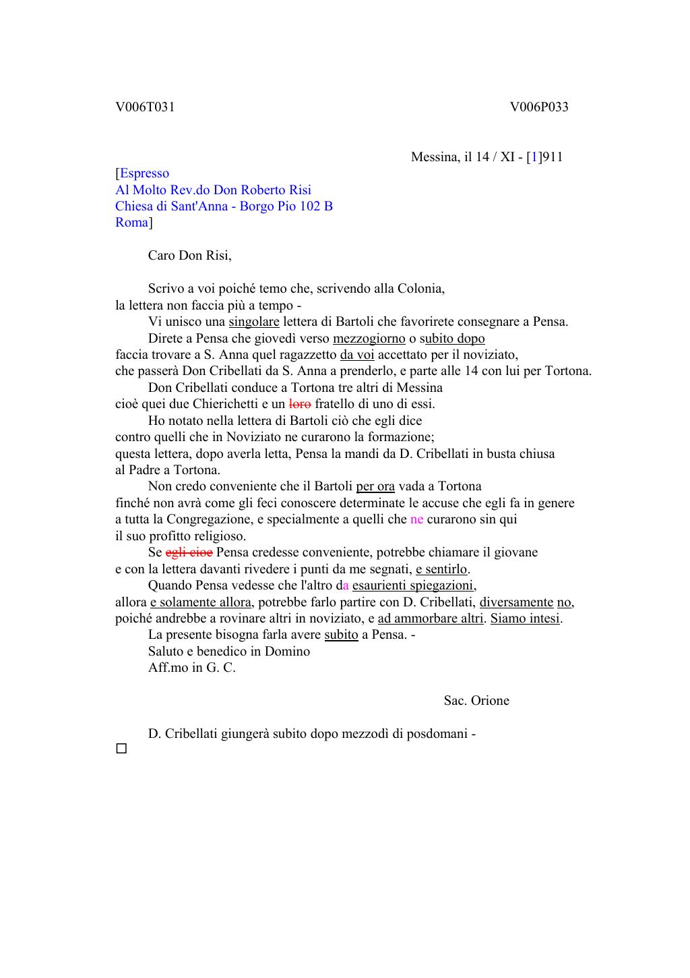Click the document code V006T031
click(x=145, y=107)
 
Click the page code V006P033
click(x=538, y=107)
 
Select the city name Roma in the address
click(x=131, y=223)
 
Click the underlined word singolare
click(x=254, y=322)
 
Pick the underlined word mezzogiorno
click(x=369, y=339)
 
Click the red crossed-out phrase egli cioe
click(x=189, y=552)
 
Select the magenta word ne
click(x=416, y=519)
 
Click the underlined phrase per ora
click(x=375, y=486)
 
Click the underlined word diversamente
click(x=516, y=602)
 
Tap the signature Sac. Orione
click(x=476, y=701)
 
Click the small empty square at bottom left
click(x=121, y=749)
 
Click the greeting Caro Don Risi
click(x=189, y=256)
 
